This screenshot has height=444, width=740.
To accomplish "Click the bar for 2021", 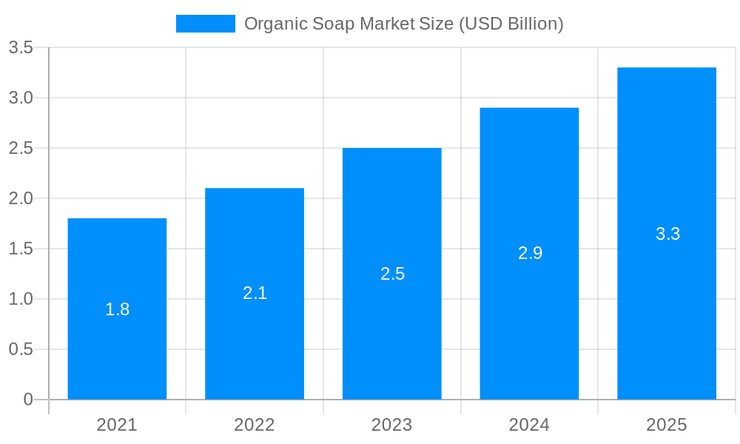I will [x=117, y=348].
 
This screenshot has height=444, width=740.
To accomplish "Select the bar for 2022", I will [x=255, y=340].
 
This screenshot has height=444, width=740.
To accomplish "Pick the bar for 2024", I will [x=529, y=318].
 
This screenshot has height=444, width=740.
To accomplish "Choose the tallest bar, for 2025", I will [x=667, y=311].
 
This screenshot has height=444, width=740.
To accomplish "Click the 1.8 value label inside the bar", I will [x=117, y=309].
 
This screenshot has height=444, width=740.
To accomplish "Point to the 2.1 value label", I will [x=255, y=293].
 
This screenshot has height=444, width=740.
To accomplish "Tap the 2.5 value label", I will [x=392, y=274].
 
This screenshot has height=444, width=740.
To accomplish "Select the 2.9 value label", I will [x=530, y=253].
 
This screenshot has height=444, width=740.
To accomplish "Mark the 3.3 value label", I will [x=667, y=234].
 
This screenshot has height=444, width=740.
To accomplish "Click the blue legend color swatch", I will [x=205, y=24].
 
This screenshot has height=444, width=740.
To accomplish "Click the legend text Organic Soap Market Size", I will [x=403, y=24].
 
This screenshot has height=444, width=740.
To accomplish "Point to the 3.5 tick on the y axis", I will [x=21, y=48].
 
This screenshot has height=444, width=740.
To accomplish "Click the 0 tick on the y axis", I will [x=28, y=400].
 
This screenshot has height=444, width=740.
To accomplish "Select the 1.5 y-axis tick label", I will [x=21, y=249].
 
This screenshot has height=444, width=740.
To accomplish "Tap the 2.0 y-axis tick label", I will [x=21, y=198].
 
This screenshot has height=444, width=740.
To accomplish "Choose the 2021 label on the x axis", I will [x=117, y=425].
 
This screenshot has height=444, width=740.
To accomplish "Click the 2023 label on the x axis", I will [x=392, y=425].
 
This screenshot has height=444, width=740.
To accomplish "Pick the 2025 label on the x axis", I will [x=667, y=425].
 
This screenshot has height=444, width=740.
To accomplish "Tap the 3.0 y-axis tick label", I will [x=21, y=98].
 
